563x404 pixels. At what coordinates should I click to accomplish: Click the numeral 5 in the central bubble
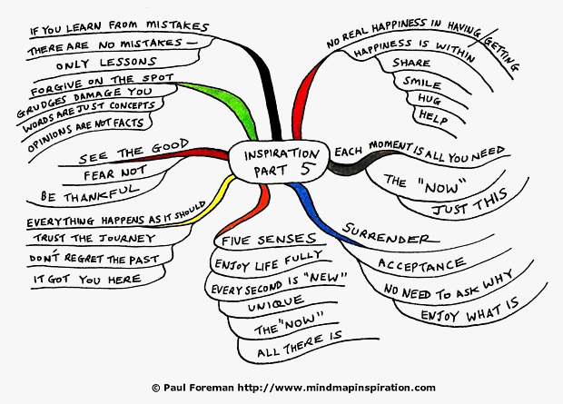(306, 169)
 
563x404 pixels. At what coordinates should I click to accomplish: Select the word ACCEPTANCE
(421, 264)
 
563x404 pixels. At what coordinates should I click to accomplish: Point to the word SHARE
(411, 63)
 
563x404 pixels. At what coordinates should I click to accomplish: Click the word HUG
(430, 99)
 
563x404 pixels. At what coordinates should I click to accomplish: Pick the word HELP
(433, 117)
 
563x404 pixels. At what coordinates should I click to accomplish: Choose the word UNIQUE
(276, 304)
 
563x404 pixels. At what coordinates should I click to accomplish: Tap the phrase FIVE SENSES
(269, 240)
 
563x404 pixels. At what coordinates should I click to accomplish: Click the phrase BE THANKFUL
(89, 193)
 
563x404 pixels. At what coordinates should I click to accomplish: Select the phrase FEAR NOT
(115, 172)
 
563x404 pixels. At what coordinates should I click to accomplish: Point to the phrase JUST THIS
(470, 202)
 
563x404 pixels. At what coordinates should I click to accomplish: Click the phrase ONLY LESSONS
(106, 63)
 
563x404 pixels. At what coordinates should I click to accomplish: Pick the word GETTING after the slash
(501, 54)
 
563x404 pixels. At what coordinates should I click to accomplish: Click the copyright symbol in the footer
(155, 388)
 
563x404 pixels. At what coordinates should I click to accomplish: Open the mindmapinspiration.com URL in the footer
(336, 388)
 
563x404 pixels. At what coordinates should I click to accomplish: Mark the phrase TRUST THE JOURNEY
(94, 238)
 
